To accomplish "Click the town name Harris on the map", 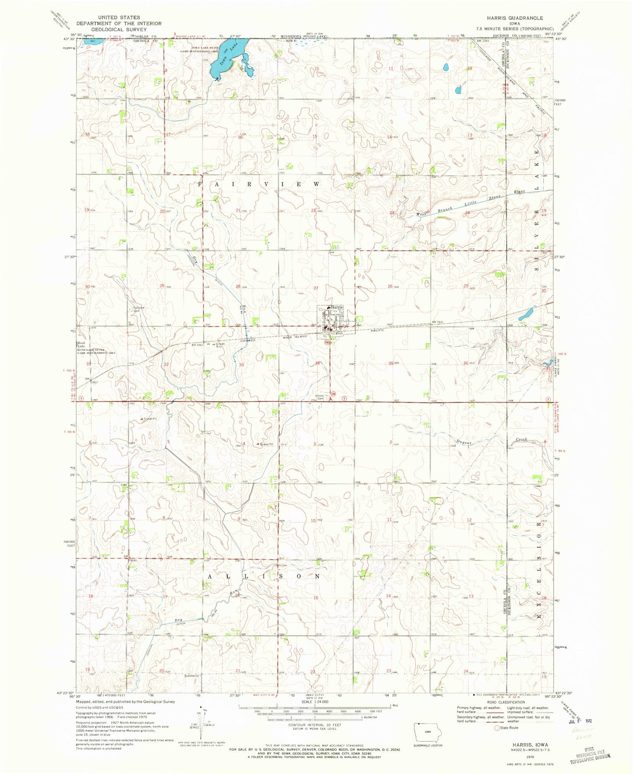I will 335,308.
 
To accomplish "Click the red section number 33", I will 241,364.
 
